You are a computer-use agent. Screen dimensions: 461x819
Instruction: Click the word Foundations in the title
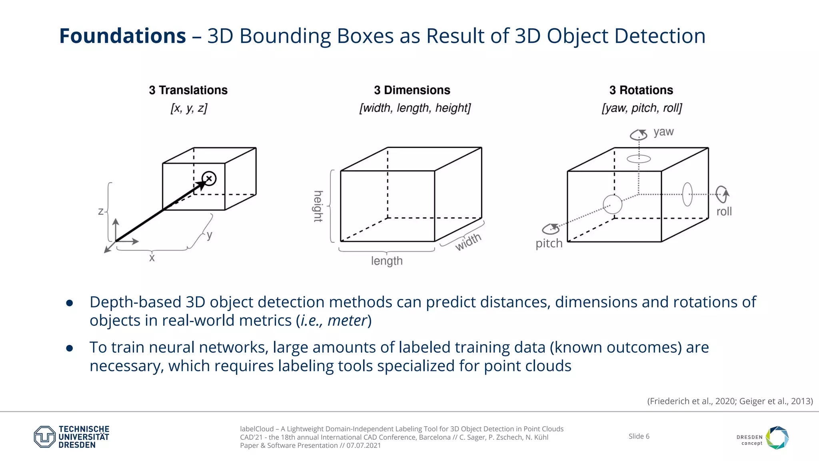click(x=122, y=36)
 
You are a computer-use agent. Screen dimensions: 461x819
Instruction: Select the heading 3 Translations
click(x=188, y=90)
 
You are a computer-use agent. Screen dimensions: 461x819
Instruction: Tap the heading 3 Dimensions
click(x=412, y=90)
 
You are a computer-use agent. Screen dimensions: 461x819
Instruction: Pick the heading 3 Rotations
click(x=641, y=90)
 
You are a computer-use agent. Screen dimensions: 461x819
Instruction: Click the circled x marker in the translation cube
click(x=209, y=178)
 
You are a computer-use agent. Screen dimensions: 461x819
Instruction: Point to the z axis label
click(x=101, y=211)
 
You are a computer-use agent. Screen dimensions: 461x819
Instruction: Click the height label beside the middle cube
click(x=318, y=206)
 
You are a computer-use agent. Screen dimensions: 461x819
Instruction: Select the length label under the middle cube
click(x=387, y=261)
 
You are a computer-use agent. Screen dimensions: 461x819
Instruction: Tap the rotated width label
click(x=468, y=242)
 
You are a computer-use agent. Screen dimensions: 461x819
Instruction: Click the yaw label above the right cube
click(x=663, y=132)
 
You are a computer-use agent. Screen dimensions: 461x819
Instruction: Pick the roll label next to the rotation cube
click(x=724, y=211)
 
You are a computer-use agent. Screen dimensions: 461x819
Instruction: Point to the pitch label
click(x=549, y=243)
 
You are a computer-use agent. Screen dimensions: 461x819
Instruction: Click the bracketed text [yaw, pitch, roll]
click(x=641, y=108)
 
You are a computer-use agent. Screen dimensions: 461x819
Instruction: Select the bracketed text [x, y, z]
click(x=189, y=108)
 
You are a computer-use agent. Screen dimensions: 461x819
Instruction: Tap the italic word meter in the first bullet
click(x=347, y=321)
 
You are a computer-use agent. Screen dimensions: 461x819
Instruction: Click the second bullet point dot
click(x=70, y=348)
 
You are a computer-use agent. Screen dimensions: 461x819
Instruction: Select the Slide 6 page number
click(x=639, y=436)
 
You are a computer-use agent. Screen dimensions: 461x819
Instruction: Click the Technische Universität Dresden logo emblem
click(x=44, y=437)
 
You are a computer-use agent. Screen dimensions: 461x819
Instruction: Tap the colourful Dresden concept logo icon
click(x=777, y=437)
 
